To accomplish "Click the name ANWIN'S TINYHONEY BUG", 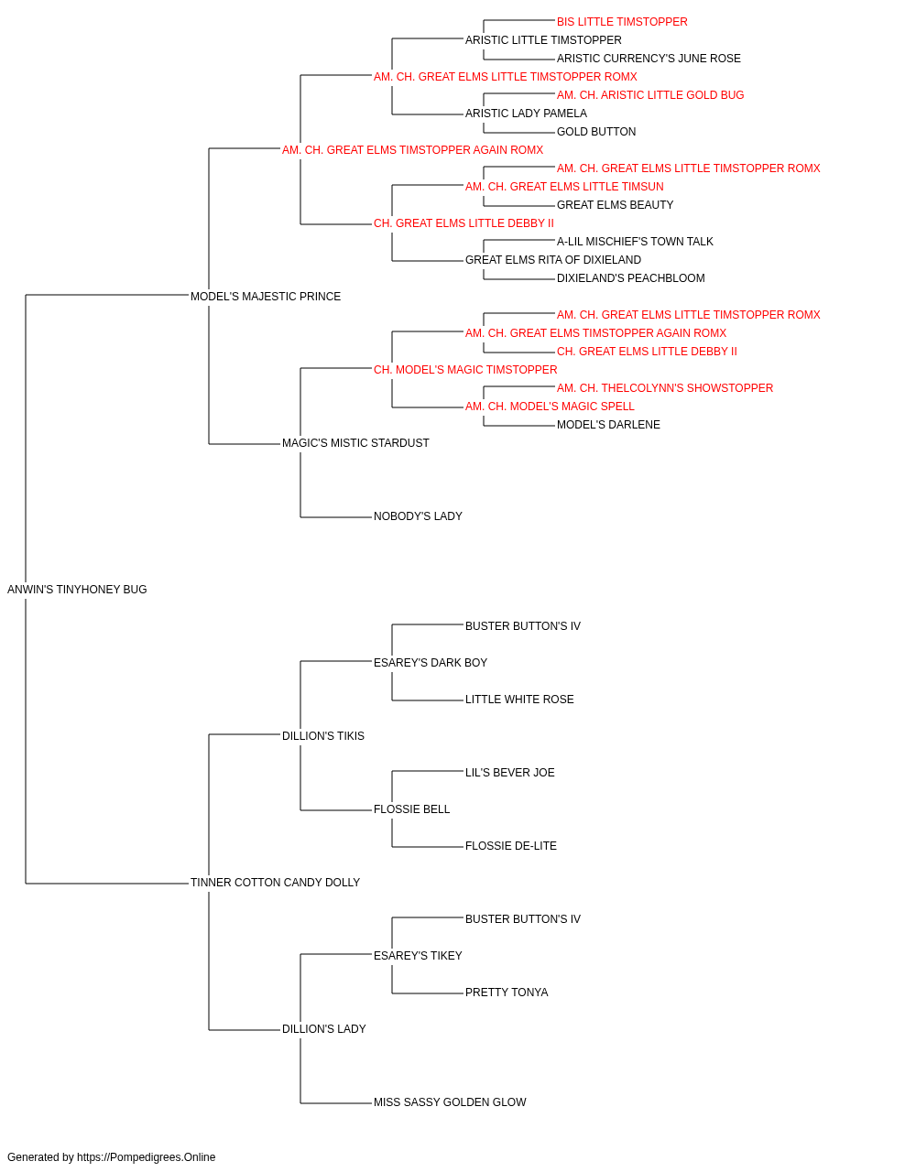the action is pyautogui.click(x=77, y=590).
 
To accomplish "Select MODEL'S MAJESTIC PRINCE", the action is pyautogui.click(x=266, y=297).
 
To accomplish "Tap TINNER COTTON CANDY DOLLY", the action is pyautogui.click(x=275, y=883).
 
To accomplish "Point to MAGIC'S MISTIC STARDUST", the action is pyautogui.click(x=355, y=443).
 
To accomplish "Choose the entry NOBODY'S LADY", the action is pyautogui.click(x=418, y=516).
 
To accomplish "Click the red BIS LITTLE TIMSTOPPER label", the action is pyautogui.click(x=622, y=22).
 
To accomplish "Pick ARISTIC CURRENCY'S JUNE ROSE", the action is pyautogui.click(x=649, y=59).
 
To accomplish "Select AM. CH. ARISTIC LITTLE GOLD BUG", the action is pyautogui.click(x=650, y=95).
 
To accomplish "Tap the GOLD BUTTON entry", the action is pyautogui.click(x=596, y=132).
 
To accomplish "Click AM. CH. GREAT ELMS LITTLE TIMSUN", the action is pyautogui.click(x=564, y=187).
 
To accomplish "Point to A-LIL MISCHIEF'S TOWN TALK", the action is pyautogui.click(x=635, y=242).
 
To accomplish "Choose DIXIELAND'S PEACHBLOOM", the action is pyautogui.click(x=630, y=278).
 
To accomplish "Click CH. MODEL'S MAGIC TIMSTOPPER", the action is pyautogui.click(x=465, y=370).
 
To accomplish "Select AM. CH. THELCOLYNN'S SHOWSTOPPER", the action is pyautogui.click(x=665, y=388).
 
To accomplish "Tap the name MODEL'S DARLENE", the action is pyautogui.click(x=608, y=425).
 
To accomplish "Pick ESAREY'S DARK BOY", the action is pyautogui.click(x=431, y=663).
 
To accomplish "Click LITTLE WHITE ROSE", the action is pyautogui.click(x=519, y=700).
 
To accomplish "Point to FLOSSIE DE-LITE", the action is pyautogui.click(x=511, y=846).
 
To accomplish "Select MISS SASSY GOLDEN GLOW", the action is pyautogui.click(x=450, y=1101).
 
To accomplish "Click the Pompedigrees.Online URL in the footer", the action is pyautogui.click(x=147, y=1157).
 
